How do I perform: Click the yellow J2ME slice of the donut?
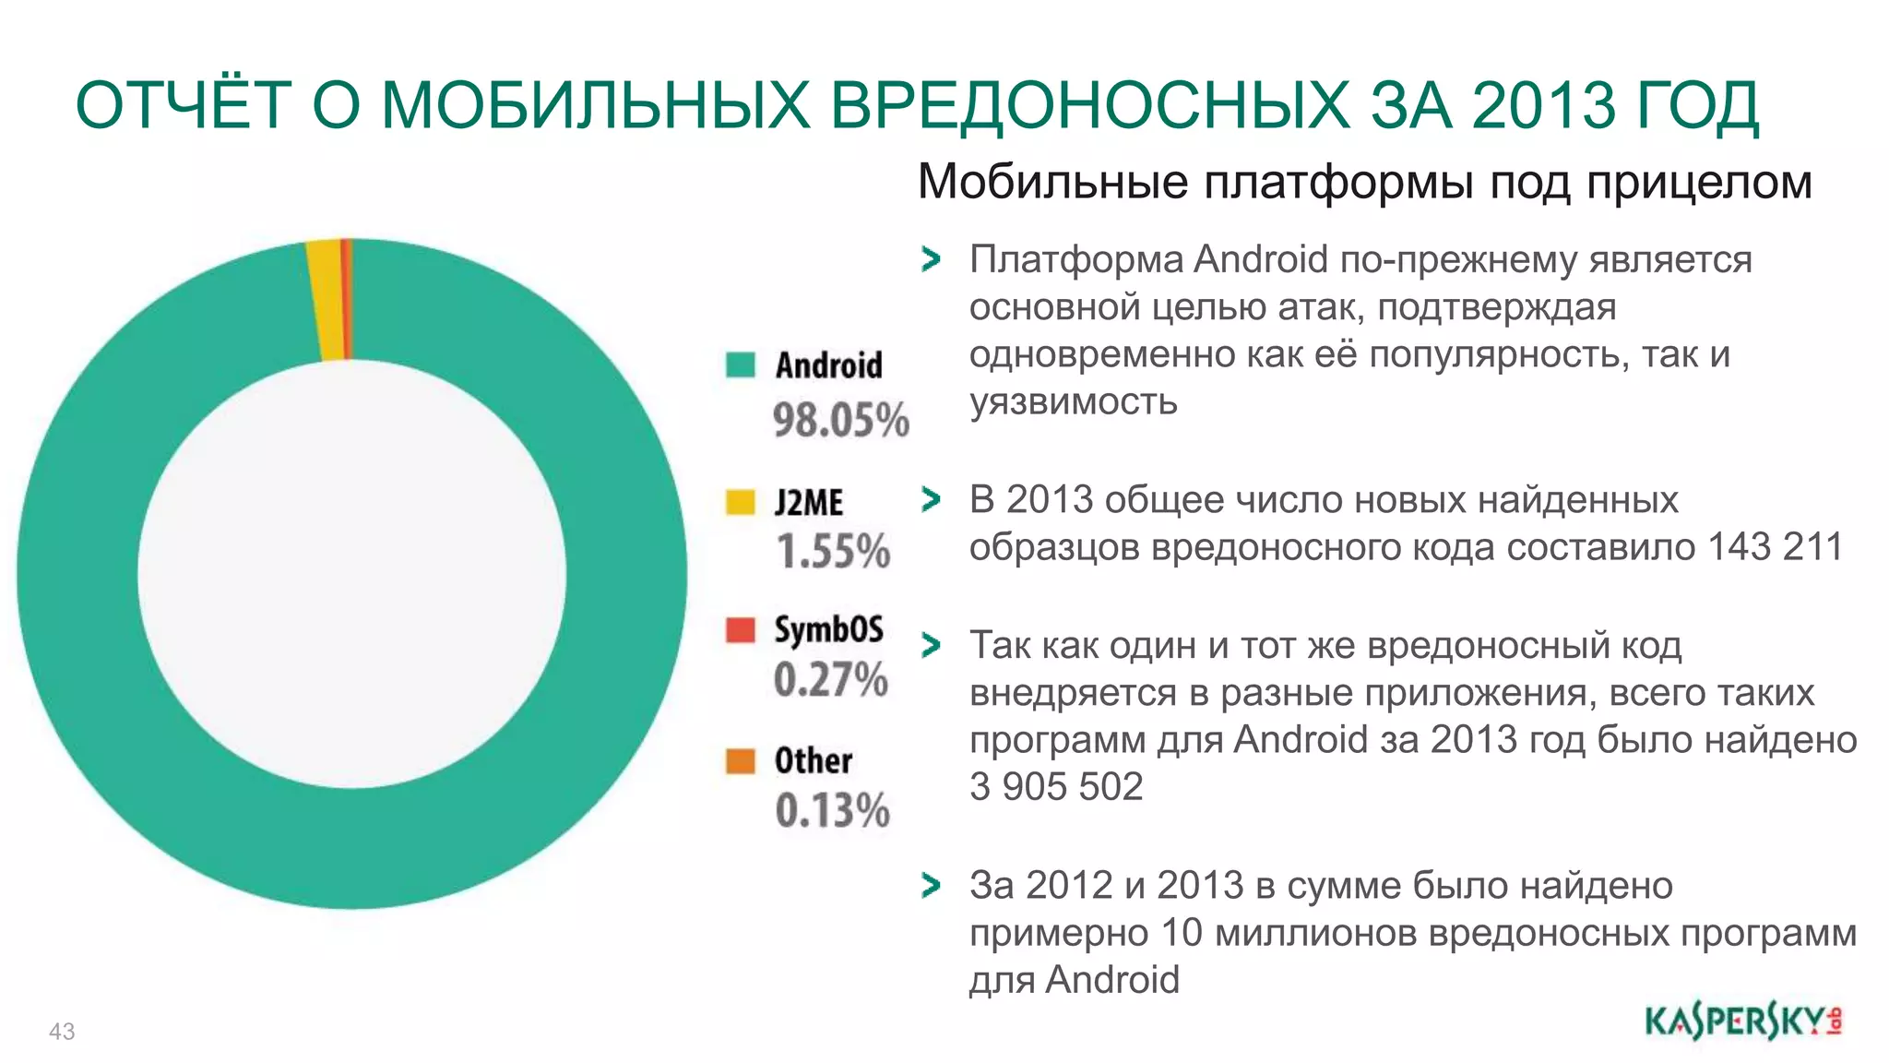click(x=327, y=300)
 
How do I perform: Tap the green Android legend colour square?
click(x=740, y=364)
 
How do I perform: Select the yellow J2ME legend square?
click(x=740, y=502)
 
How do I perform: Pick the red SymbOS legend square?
click(x=740, y=629)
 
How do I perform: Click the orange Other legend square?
click(x=740, y=761)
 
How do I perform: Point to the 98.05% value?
click(x=840, y=420)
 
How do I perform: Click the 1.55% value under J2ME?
click(x=833, y=552)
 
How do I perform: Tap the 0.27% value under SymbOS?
click(x=830, y=680)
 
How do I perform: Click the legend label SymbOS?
click(x=828, y=629)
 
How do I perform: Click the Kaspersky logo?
click(x=1742, y=1021)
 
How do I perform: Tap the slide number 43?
click(x=62, y=1032)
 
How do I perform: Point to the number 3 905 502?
click(x=1056, y=787)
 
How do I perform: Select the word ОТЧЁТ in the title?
click(x=184, y=104)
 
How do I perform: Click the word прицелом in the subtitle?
click(x=1699, y=182)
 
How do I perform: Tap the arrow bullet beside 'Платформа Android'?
click(x=932, y=260)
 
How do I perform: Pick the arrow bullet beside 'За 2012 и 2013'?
click(x=932, y=886)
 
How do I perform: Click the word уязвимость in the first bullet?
click(x=1073, y=402)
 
